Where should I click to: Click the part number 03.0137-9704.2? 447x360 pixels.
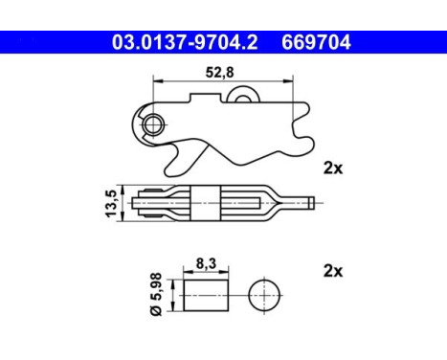[185, 42]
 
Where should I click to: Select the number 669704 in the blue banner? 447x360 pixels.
[316, 42]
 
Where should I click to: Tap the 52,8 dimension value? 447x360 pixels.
[219, 73]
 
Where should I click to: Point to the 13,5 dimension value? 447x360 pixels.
[111, 203]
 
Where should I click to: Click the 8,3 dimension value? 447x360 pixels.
[206, 263]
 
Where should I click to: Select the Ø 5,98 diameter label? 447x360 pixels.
[156, 294]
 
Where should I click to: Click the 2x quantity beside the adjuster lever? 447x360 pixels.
[333, 168]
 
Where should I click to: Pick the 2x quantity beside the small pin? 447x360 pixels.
[333, 271]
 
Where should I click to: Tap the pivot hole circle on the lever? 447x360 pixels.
[153, 124]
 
